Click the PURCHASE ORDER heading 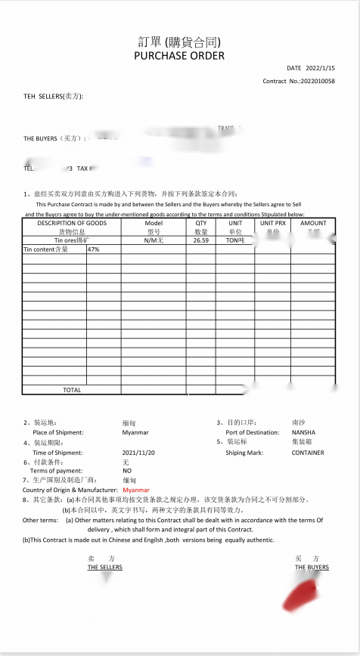pos(179,56)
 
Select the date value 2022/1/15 pos(318,68)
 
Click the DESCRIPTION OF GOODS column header pos(72,223)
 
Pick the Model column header pos(154,223)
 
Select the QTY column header pos(201,223)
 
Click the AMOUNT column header pos(313,223)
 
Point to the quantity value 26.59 pos(201,240)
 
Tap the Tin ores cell pos(72,240)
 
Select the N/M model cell pos(154,240)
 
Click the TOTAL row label pos(72,390)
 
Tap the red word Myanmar pos(136,490)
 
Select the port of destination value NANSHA pos(303,432)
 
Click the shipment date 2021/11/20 pos(138,453)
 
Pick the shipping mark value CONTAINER pos(308,453)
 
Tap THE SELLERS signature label pos(104,567)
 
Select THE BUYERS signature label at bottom pos(312,567)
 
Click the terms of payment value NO pos(127,470)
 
